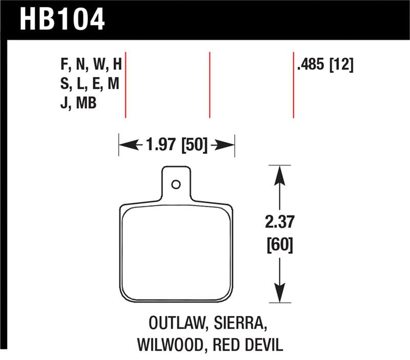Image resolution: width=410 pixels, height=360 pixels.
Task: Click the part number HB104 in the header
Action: pos(61,19)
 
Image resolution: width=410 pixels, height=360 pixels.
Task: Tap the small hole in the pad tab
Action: pos(176,184)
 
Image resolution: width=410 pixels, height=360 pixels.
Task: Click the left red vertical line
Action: pos(126,85)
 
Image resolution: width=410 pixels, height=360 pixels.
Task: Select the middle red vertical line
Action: pos(210,85)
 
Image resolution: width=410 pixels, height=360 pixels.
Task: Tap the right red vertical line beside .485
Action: pos(293,85)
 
